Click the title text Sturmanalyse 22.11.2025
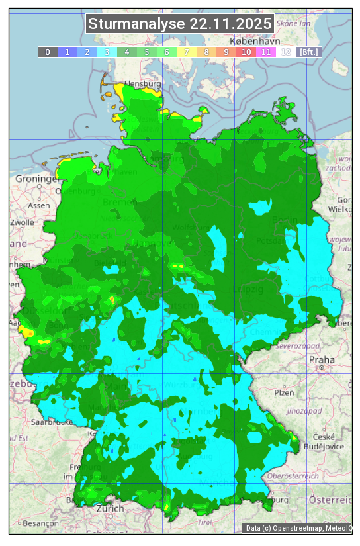click(180, 24)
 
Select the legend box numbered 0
click(48, 52)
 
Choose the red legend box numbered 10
click(246, 52)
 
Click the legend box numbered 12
click(286, 52)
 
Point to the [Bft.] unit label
click(308, 52)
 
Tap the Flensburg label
click(143, 85)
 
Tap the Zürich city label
click(110, 509)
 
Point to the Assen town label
click(39, 206)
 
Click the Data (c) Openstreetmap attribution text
click(298, 528)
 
